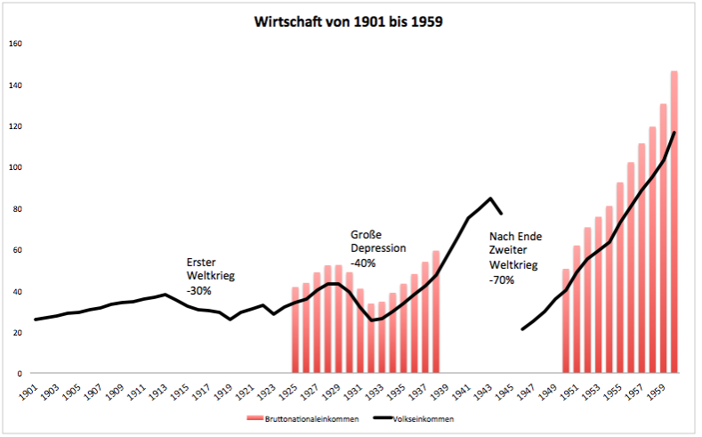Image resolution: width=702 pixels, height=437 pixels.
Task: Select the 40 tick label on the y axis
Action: click(x=17, y=292)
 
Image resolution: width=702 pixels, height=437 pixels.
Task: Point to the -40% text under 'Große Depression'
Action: click(x=364, y=263)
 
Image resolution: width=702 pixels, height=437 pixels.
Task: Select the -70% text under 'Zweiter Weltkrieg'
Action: click(x=502, y=279)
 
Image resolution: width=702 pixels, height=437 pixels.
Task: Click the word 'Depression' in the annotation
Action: click(x=378, y=247)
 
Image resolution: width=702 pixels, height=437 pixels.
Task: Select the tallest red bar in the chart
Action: click(x=674, y=223)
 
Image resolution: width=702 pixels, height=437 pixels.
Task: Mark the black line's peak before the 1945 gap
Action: click(x=489, y=198)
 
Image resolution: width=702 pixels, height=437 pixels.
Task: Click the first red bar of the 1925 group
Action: click(x=295, y=329)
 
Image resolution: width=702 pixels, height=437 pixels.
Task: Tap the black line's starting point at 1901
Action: click(x=36, y=320)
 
